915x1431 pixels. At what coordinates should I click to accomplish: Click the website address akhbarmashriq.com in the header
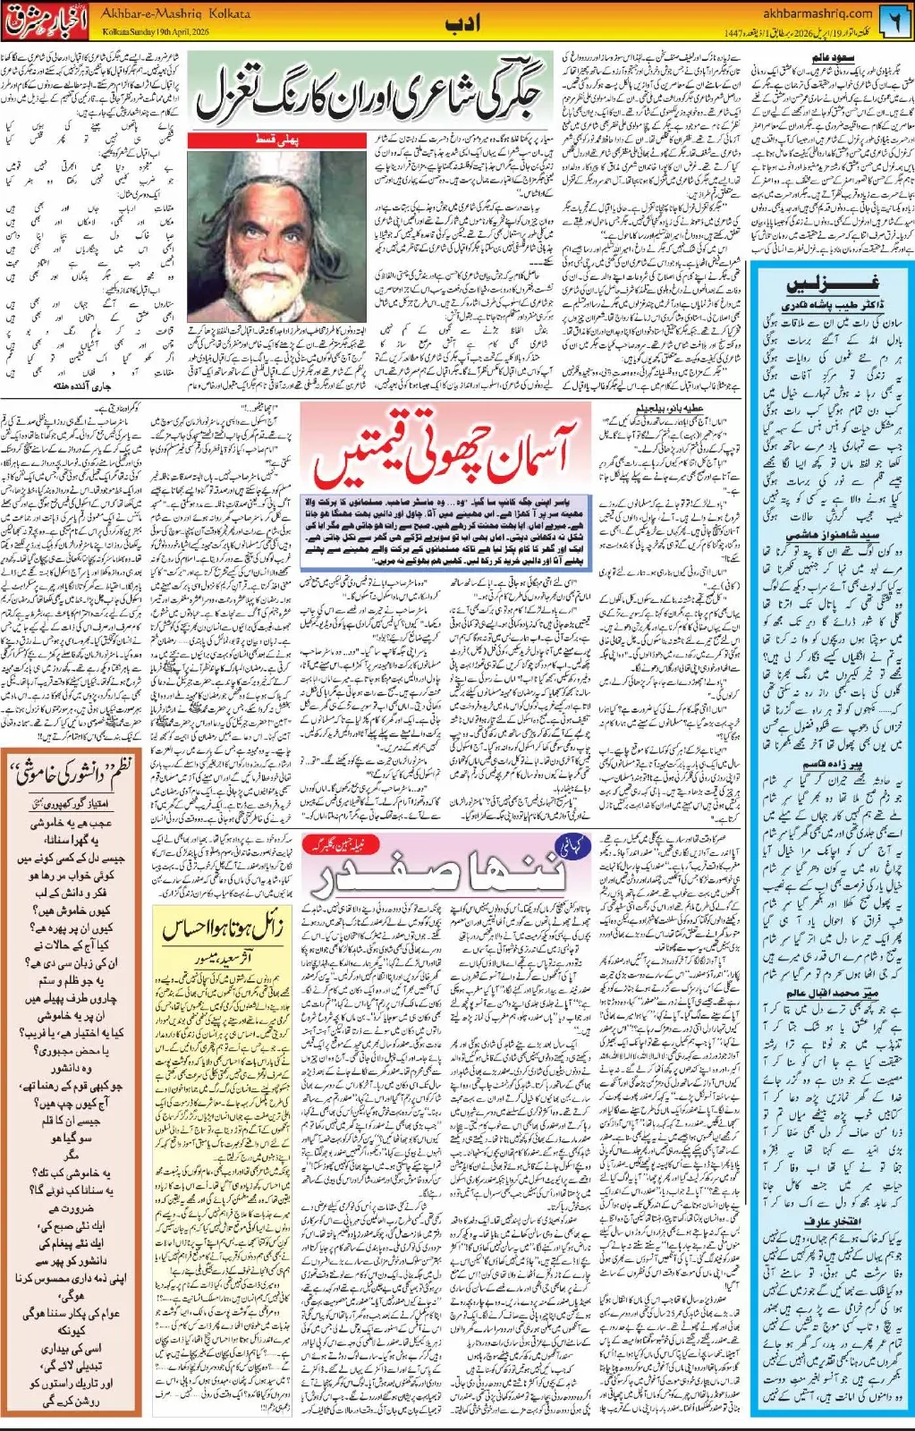[818, 13]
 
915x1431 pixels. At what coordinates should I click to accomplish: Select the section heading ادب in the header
[463, 23]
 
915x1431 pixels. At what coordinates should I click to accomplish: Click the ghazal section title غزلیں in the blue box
[821, 284]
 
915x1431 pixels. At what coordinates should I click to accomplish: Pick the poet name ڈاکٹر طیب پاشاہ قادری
[821, 305]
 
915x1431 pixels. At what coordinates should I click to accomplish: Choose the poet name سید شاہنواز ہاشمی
[821, 535]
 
